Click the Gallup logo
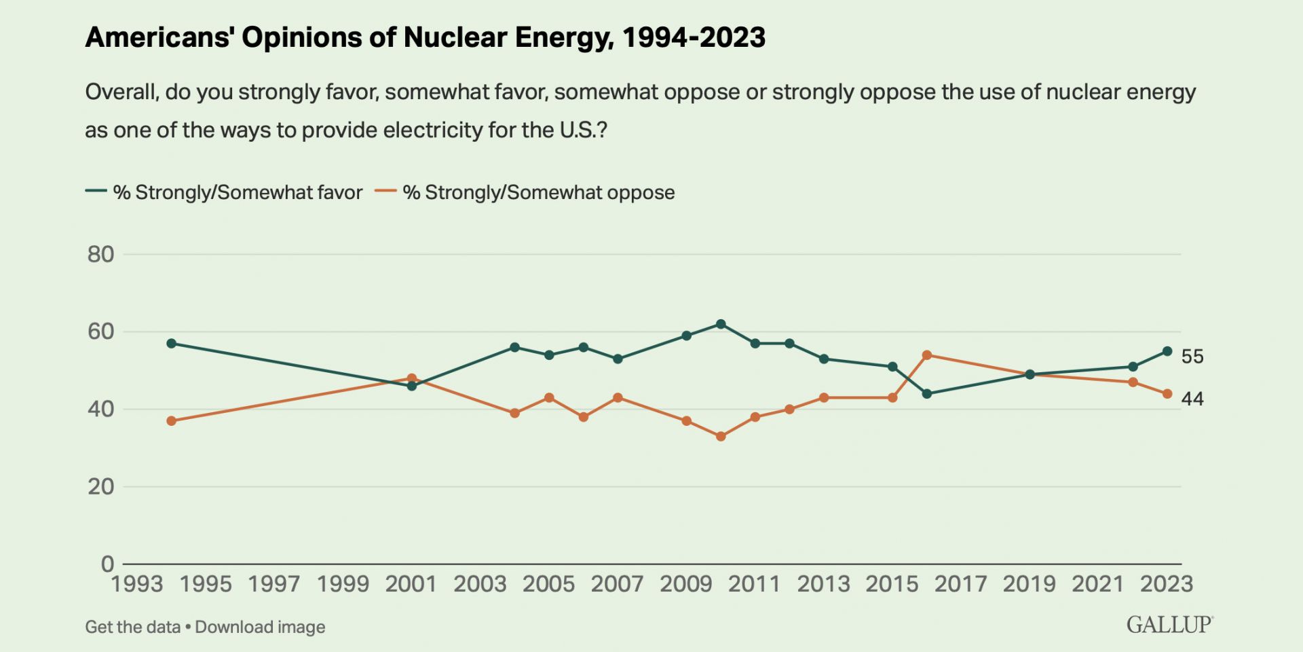pos(1169,625)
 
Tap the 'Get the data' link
pos(132,627)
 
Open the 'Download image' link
pos(260,627)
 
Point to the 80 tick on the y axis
pos(100,255)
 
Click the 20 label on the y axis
pos(100,486)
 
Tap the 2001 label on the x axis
pos(411,584)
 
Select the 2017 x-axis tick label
pos(960,584)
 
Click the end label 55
pos(1192,357)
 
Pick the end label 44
pos(1192,399)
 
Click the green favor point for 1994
pos(171,344)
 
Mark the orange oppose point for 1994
pos(171,421)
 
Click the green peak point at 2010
pos(721,324)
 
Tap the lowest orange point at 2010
pos(721,437)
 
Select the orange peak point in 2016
pos(927,355)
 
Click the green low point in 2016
pos(927,394)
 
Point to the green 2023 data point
pos(1167,351)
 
